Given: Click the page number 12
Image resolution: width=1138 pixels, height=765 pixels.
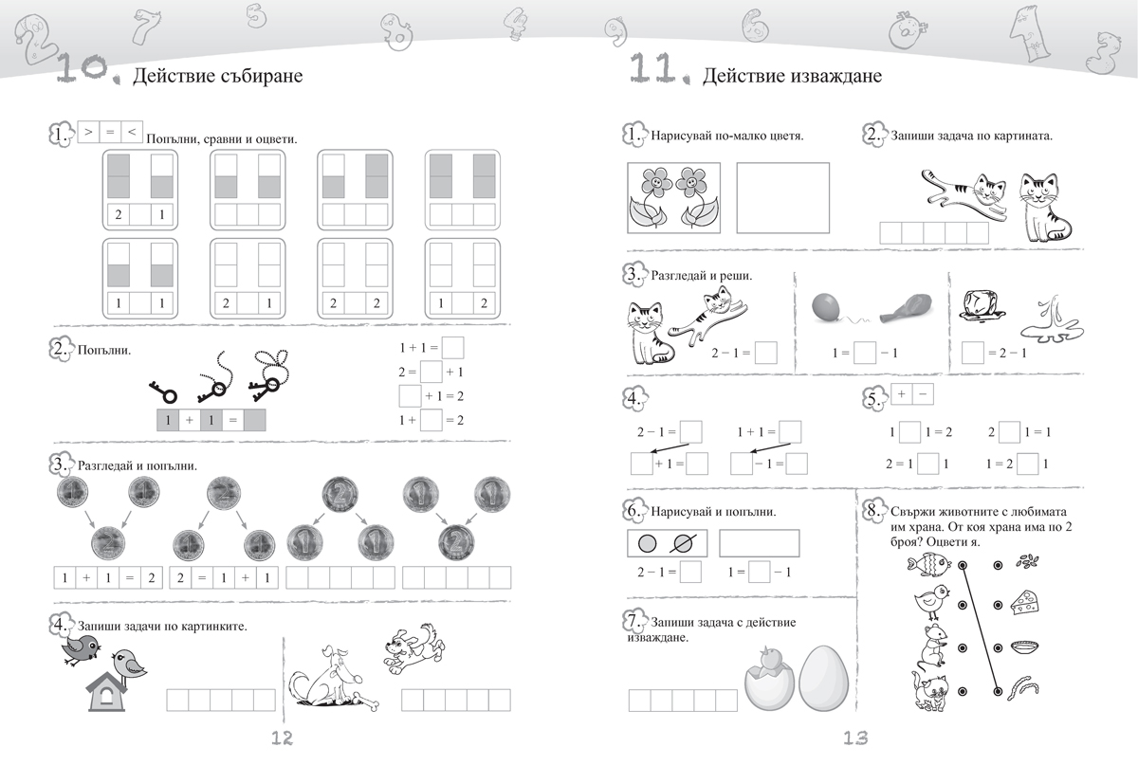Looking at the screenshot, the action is (282, 738).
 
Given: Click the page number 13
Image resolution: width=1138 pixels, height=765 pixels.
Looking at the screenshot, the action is (856, 738).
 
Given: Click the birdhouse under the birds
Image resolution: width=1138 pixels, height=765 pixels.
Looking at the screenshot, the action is (105, 691).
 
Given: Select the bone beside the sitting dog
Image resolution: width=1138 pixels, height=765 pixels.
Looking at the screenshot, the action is (367, 700).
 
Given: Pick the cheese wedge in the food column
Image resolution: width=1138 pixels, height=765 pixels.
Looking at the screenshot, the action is (1024, 603).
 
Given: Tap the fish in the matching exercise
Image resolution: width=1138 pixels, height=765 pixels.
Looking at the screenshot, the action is (928, 564).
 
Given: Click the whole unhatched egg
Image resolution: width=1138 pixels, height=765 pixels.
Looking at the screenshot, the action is (823, 679).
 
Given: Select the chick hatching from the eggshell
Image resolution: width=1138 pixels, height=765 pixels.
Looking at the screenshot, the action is (768, 678).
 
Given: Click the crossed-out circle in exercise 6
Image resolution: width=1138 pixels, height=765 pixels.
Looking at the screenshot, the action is (682, 543).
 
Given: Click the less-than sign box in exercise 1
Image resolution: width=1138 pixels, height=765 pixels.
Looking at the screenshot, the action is (132, 132).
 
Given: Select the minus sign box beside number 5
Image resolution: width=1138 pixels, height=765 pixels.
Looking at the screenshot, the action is (923, 394).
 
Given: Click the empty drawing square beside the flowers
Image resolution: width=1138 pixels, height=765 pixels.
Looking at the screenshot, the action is (783, 197).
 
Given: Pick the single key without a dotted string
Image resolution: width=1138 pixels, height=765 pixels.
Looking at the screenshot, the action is (162, 392).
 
